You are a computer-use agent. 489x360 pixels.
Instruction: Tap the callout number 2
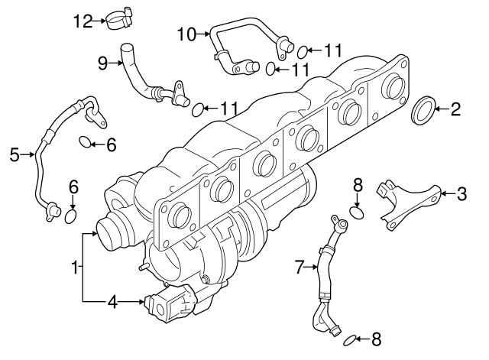[455, 109]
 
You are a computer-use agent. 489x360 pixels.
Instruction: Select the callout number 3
[461, 194]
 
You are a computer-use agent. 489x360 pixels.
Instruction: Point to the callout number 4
[112, 302]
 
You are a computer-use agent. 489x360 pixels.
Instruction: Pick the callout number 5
[14, 155]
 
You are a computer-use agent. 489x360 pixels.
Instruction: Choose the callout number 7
[299, 267]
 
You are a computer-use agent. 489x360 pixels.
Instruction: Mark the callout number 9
[102, 64]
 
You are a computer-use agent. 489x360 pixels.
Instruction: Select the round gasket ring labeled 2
[423, 110]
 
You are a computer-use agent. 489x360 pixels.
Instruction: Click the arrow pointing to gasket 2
[441, 109]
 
